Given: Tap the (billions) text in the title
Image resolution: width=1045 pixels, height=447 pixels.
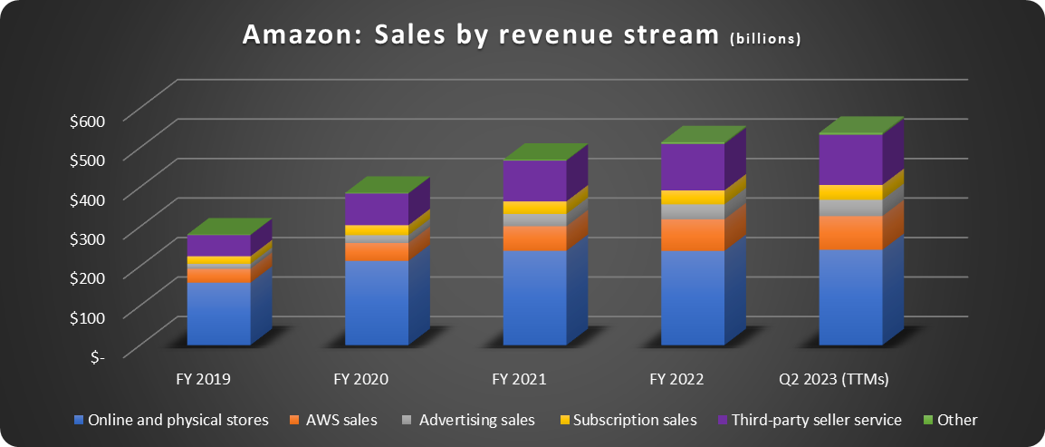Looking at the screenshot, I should (766, 40).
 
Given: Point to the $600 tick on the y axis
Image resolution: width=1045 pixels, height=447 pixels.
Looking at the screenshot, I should (87, 120).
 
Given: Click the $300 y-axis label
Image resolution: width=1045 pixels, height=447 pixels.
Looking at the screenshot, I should (87, 238).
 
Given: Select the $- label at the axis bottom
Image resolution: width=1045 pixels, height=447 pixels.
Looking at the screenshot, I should (95, 356).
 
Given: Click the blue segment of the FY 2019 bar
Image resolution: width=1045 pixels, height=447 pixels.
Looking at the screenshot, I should (218, 313).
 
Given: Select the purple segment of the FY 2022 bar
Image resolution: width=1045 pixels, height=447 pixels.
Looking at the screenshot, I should (693, 167).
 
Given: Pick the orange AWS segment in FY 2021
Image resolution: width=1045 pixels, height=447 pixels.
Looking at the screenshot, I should (534, 238).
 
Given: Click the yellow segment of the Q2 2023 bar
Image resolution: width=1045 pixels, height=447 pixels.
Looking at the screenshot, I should (850, 192).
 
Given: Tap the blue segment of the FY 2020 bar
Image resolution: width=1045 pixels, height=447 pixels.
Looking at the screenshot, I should (377, 302).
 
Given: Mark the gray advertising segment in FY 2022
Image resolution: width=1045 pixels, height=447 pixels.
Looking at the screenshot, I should (693, 212).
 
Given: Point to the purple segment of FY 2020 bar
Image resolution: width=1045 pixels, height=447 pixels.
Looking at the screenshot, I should (377, 209).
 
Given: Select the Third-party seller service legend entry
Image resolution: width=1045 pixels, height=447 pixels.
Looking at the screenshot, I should (808, 420).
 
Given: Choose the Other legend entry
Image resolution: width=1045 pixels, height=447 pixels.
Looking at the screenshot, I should (951, 420).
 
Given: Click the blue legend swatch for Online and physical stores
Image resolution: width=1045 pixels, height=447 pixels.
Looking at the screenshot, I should (79, 420).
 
